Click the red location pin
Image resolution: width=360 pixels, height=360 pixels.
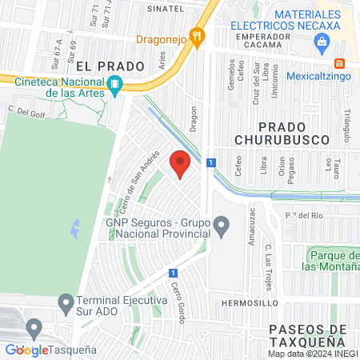(x=180, y=163)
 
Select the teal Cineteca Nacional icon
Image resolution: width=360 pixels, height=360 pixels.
(x=114, y=84)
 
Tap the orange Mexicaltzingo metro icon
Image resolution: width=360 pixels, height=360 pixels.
(x=339, y=62)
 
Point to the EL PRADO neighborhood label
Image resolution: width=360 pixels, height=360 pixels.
(x=110, y=66)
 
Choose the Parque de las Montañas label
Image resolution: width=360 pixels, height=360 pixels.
(x=332, y=260)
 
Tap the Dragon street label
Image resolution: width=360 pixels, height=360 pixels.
(x=193, y=118)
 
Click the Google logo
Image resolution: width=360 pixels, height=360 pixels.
(x=26, y=350)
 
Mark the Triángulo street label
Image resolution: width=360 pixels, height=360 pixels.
(x=347, y=121)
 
